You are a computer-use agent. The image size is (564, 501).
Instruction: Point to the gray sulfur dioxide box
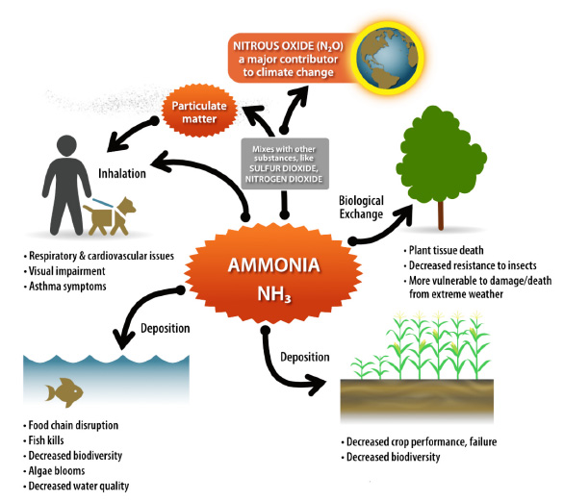pos(284,163)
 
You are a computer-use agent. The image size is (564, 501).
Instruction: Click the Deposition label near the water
pos(164,327)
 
